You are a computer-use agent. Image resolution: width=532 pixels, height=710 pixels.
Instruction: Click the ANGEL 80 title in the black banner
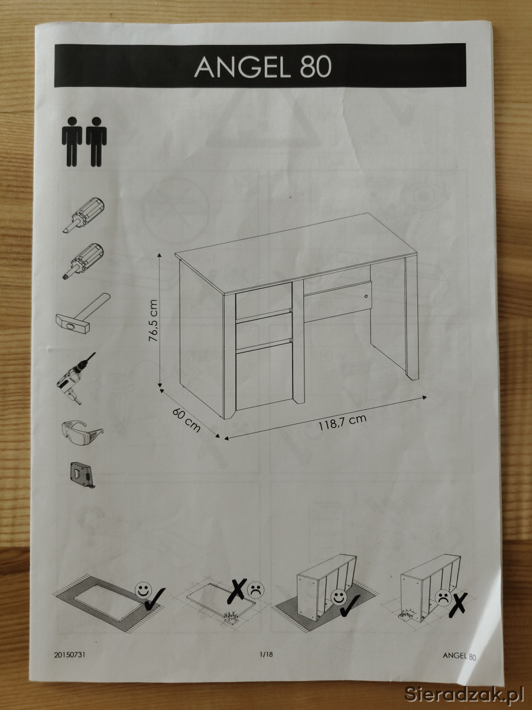(x=263, y=67)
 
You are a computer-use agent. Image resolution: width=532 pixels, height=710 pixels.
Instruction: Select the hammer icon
(x=83, y=314)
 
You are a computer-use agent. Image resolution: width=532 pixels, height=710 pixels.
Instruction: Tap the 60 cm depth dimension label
(x=186, y=420)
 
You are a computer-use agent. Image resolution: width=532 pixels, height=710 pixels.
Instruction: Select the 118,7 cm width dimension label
(x=343, y=421)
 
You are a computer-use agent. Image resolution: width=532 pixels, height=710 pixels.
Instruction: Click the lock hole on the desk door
(x=366, y=296)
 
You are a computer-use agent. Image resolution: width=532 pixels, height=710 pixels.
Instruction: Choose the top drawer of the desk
(x=264, y=301)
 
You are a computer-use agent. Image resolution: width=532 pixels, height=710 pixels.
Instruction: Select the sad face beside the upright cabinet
(x=443, y=598)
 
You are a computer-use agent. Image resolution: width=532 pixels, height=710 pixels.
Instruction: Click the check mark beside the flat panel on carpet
(x=155, y=599)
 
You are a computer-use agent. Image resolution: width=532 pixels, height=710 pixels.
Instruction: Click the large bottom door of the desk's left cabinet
(x=264, y=379)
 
